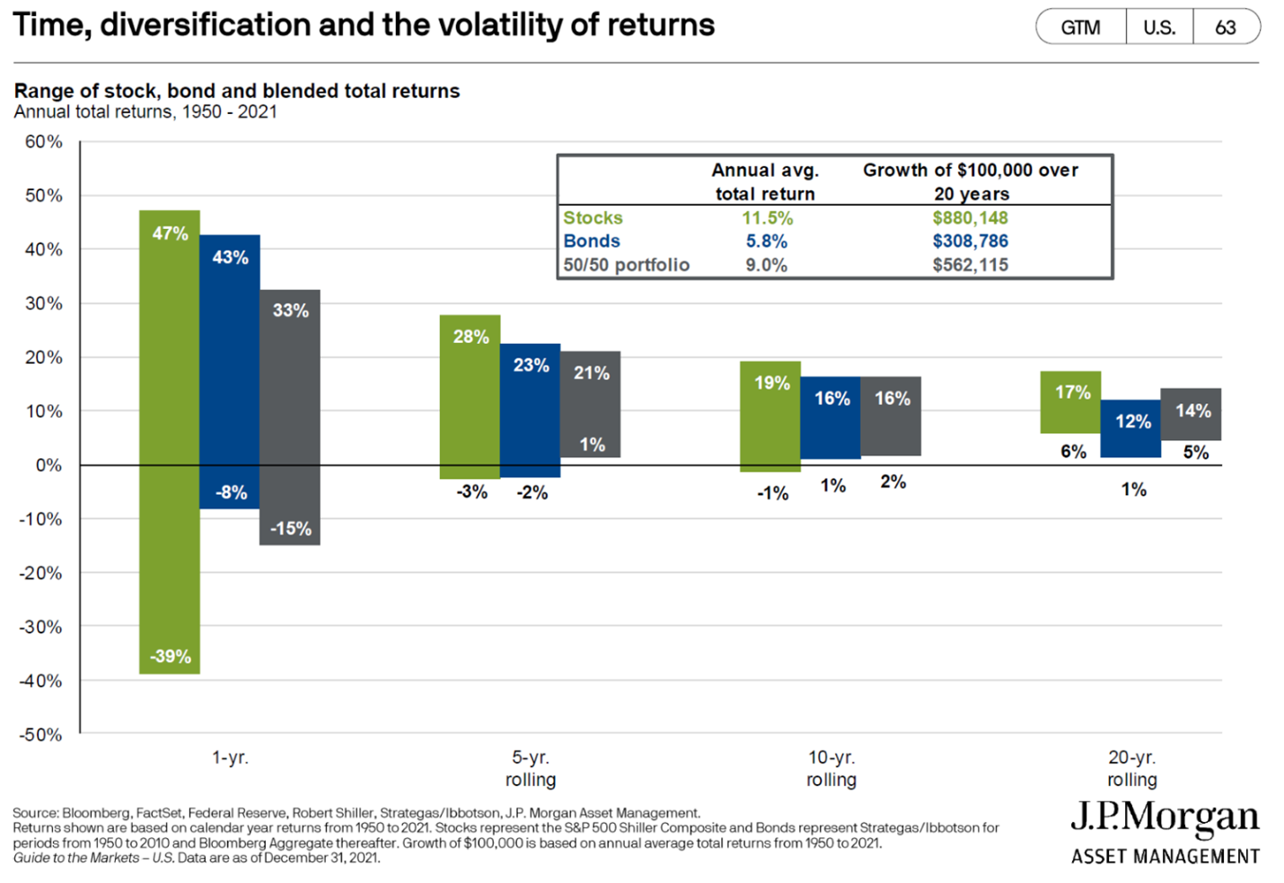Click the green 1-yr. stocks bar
click(170, 440)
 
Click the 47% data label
click(170, 234)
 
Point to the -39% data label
click(170, 657)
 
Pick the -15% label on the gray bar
click(290, 529)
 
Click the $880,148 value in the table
click(970, 218)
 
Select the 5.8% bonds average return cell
click(766, 242)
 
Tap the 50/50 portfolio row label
click(626, 265)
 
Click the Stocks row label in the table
click(593, 218)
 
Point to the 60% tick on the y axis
click(43, 142)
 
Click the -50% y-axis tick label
click(41, 735)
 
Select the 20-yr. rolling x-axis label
click(1131, 768)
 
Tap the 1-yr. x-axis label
click(230, 758)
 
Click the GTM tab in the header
click(1080, 28)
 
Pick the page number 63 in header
click(1225, 28)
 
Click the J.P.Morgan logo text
click(1165, 817)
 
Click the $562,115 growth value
click(970, 265)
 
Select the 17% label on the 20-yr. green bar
click(1072, 393)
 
